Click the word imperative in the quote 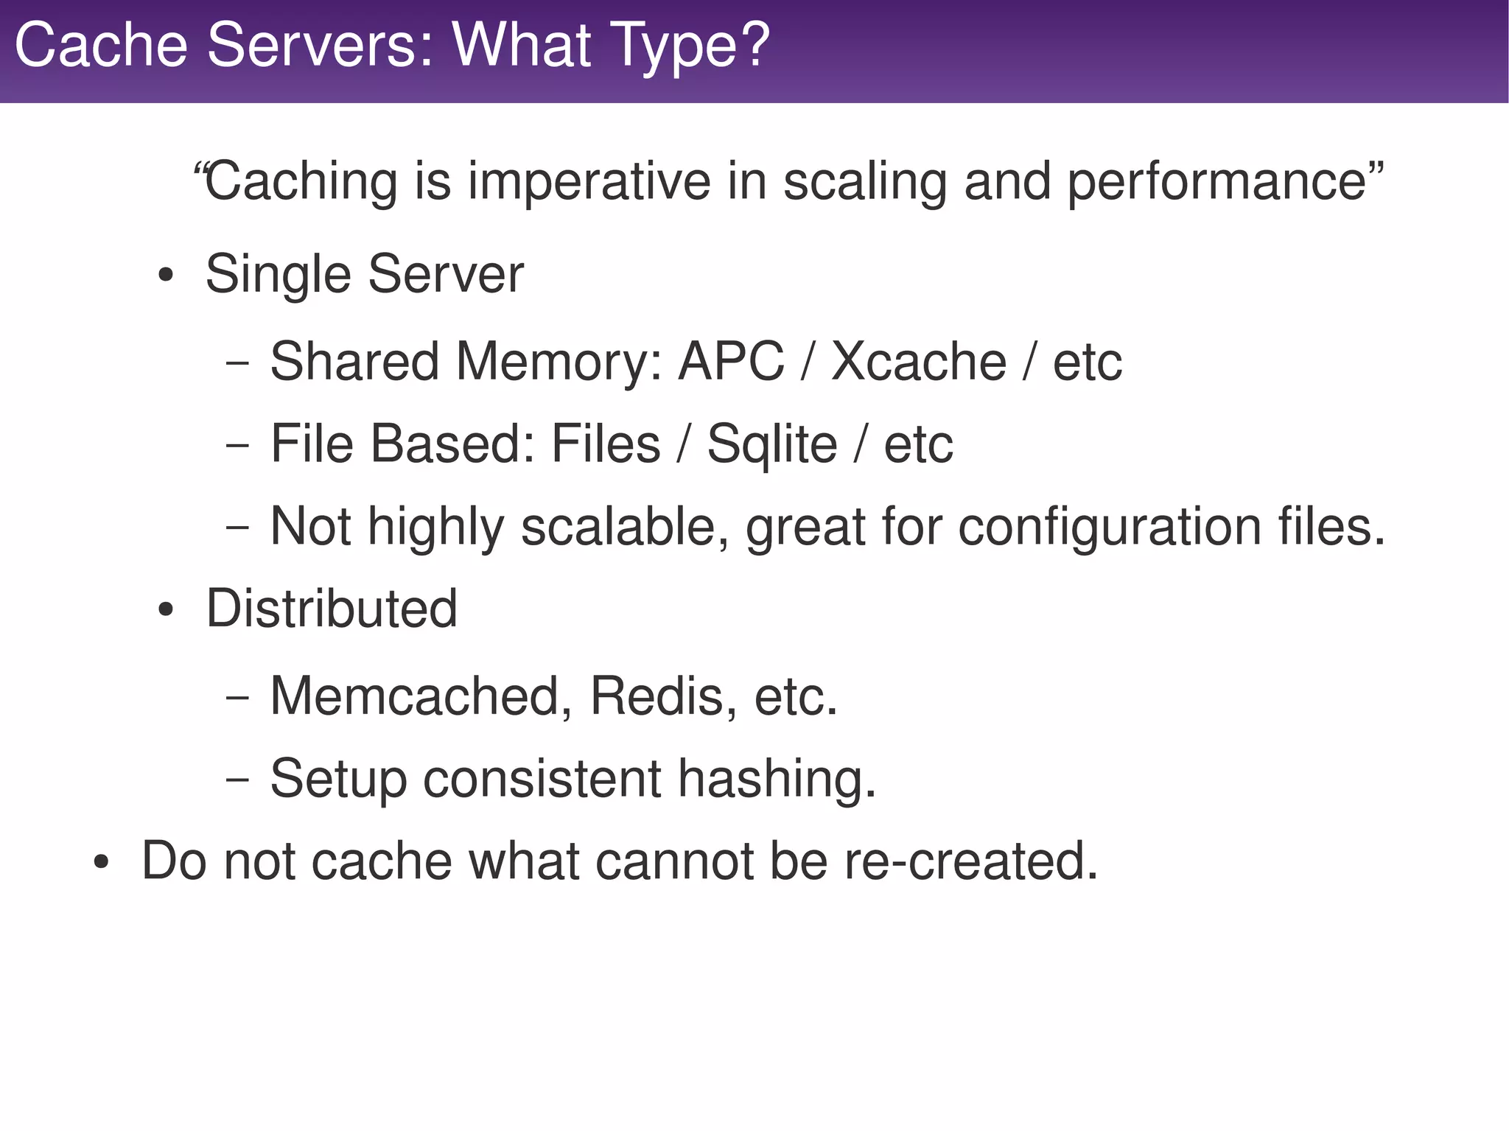coord(589,182)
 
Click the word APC coord(731,362)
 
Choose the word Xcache coord(918,362)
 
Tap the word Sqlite coord(771,444)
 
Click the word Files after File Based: coord(606,444)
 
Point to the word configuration coord(1109,528)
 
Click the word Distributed coord(332,609)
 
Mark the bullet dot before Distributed coord(166,611)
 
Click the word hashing coord(777,780)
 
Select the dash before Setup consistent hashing coord(237,780)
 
